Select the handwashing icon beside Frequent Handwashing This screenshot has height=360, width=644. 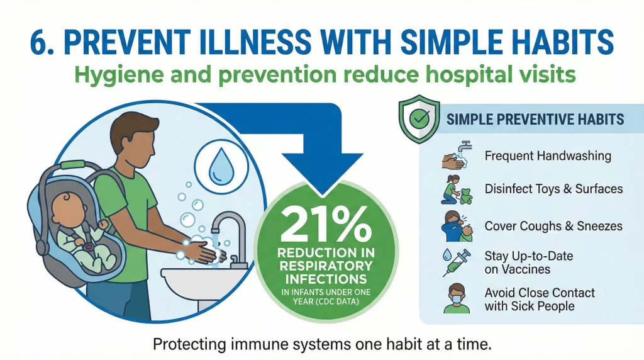tap(457, 157)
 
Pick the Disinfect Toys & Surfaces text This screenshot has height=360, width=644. tap(553, 189)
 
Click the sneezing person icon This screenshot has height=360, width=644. tap(457, 225)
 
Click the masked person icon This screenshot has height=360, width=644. tap(457, 298)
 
